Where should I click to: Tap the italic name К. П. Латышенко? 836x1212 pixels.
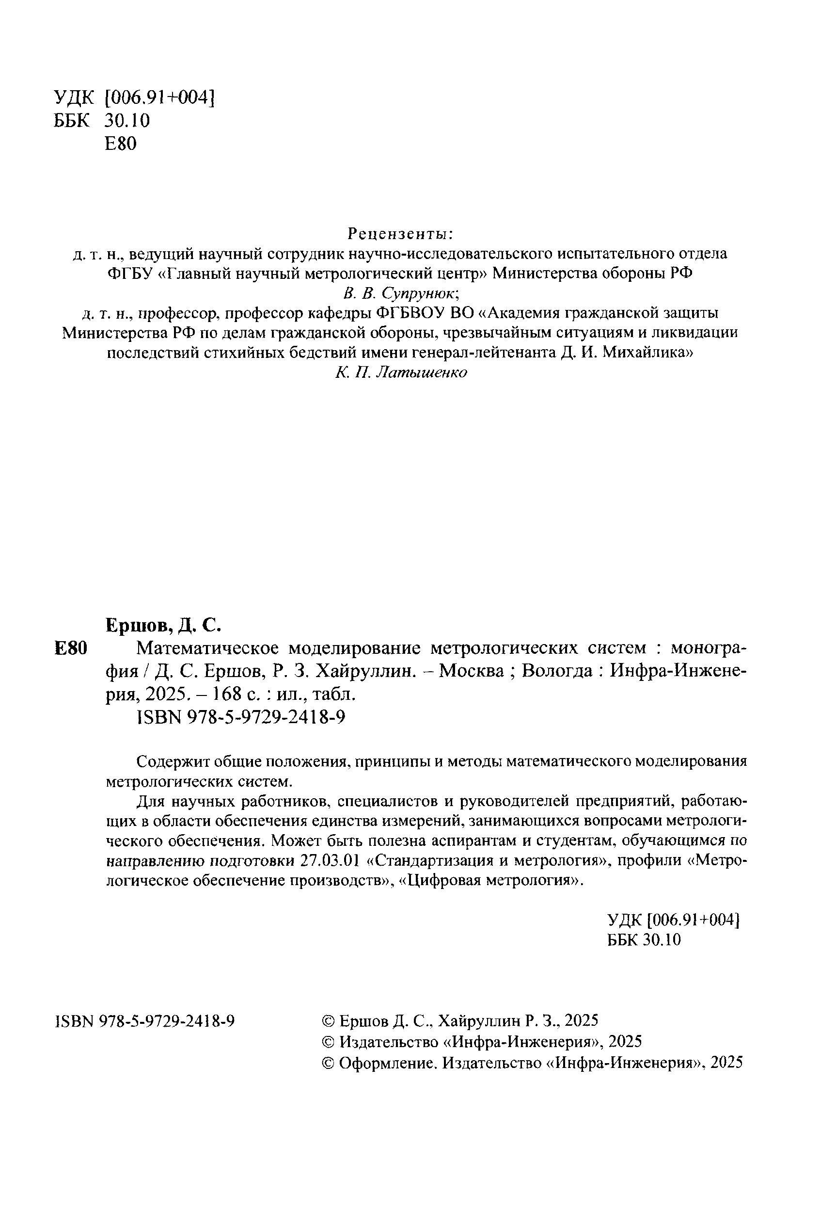401,373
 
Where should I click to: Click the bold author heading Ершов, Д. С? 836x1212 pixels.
164,624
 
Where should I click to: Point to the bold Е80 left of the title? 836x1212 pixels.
70,648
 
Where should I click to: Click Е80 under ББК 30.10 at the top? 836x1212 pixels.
121,144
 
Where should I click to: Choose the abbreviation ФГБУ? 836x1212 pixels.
129,273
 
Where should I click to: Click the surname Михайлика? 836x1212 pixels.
648,353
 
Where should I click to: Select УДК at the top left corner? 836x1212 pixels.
73,97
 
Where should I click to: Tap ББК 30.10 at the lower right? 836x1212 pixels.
644,939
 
